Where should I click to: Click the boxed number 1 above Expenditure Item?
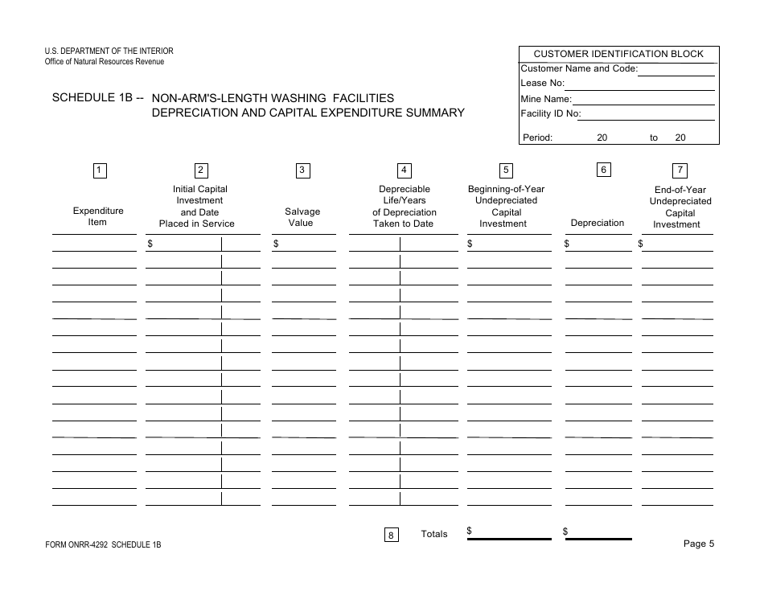[x=98, y=170]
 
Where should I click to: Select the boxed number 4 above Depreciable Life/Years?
[x=405, y=170]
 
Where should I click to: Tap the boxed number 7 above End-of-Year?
[x=680, y=170]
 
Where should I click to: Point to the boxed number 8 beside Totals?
[x=391, y=536]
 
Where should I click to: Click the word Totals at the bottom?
[x=434, y=534]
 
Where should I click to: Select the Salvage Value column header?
[x=302, y=217]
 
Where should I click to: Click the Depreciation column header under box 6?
[x=598, y=223]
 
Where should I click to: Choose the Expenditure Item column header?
[x=98, y=216]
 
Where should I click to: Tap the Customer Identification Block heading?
[x=618, y=54]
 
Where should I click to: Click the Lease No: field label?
[x=543, y=83]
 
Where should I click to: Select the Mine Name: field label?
[x=546, y=99]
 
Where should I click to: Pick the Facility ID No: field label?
[x=551, y=114]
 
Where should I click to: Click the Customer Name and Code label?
[x=579, y=68]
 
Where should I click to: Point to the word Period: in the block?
[x=538, y=137]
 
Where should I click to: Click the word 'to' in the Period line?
[x=654, y=137]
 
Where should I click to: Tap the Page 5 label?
[x=698, y=544]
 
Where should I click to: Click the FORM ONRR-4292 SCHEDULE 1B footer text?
[x=104, y=545]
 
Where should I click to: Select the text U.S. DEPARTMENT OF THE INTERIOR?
[x=109, y=51]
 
